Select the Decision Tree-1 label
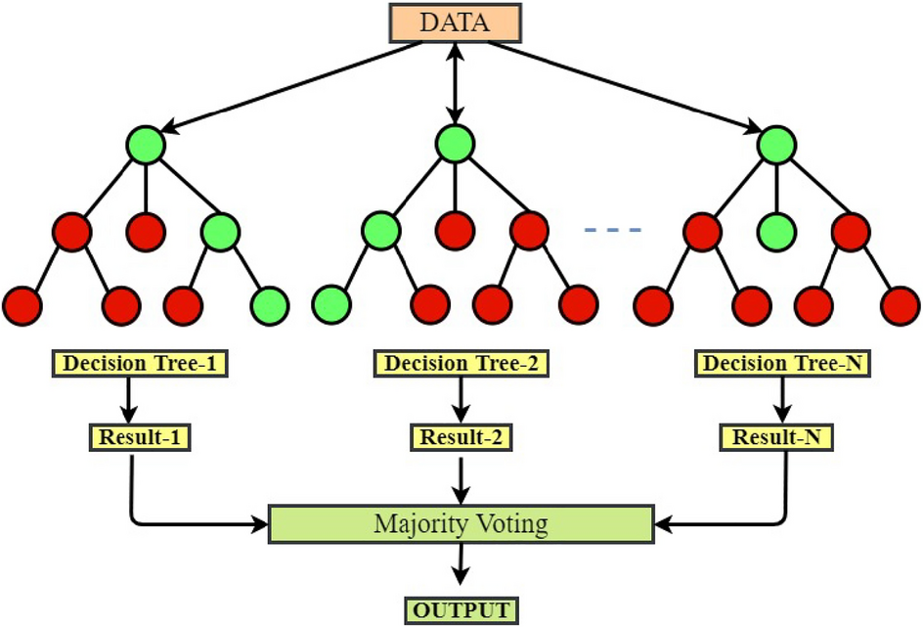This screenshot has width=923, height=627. [x=141, y=365]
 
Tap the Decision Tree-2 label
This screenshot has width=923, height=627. [x=461, y=365]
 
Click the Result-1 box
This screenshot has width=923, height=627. [x=139, y=437]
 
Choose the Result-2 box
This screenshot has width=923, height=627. [x=461, y=437]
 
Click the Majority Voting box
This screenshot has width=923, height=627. [x=461, y=523]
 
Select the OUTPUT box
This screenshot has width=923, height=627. [x=461, y=611]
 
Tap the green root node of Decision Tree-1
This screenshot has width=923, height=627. [x=146, y=147]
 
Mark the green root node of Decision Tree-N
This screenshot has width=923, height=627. [x=776, y=147]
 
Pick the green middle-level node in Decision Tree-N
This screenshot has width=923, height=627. [x=776, y=232]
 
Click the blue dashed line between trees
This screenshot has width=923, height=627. [x=612, y=231]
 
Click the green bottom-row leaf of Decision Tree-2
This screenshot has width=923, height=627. [x=332, y=304]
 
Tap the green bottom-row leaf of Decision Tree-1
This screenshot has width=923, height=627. [x=270, y=304]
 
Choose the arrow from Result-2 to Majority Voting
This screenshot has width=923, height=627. [x=461, y=477]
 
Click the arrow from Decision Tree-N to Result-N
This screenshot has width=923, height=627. [x=779, y=400]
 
